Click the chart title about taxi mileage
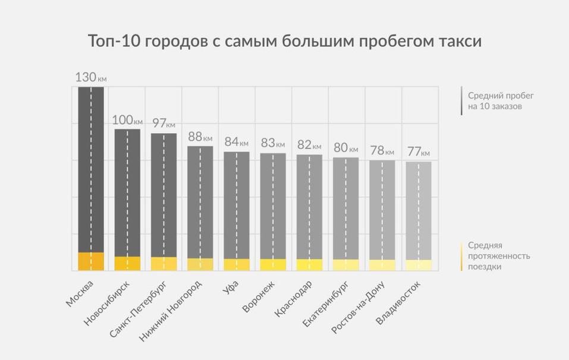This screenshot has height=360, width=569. pyautogui.click(x=284, y=41)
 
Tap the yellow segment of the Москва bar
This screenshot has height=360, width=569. pyautogui.click(x=91, y=261)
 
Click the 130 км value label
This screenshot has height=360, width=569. pyautogui.click(x=90, y=77)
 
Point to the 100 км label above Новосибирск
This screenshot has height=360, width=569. pyautogui.click(x=127, y=120)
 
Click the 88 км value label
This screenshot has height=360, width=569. pyautogui.click(x=200, y=137)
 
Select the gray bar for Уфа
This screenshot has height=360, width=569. pyautogui.click(x=236, y=205)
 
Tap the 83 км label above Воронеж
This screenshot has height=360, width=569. pyautogui.click(x=272, y=143)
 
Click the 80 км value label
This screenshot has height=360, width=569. pyautogui.click(x=345, y=147)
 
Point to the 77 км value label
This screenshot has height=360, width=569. pyautogui.click(x=418, y=151)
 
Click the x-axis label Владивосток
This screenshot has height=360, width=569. pyautogui.click(x=400, y=302)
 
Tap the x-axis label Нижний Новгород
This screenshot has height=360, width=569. pyautogui.click(x=171, y=310)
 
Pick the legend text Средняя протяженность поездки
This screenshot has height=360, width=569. pyautogui.click(x=498, y=256)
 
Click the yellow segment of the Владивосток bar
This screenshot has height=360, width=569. pyautogui.click(x=419, y=265)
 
